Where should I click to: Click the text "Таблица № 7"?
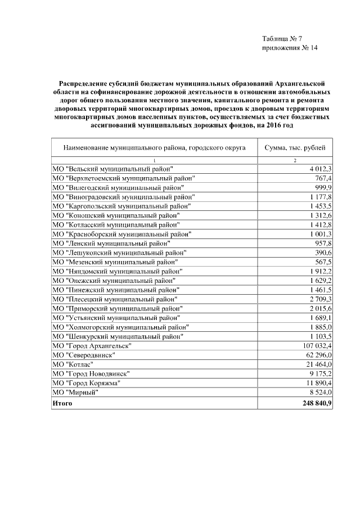click(x=282, y=39)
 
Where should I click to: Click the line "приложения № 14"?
click(x=290, y=48)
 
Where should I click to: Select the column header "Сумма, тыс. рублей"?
click(x=295, y=148)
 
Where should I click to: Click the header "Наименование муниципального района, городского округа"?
click(x=155, y=148)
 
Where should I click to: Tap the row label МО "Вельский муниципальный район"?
click(x=112, y=169)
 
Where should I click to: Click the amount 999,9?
click(x=323, y=187)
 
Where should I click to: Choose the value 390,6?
click(x=323, y=253)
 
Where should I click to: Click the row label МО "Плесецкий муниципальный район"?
click(x=115, y=299)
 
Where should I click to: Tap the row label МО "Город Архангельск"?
click(x=91, y=345)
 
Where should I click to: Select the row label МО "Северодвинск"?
click(x=82, y=355)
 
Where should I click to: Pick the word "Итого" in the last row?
click(x=62, y=403)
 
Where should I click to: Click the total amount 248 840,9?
click(x=317, y=403)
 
